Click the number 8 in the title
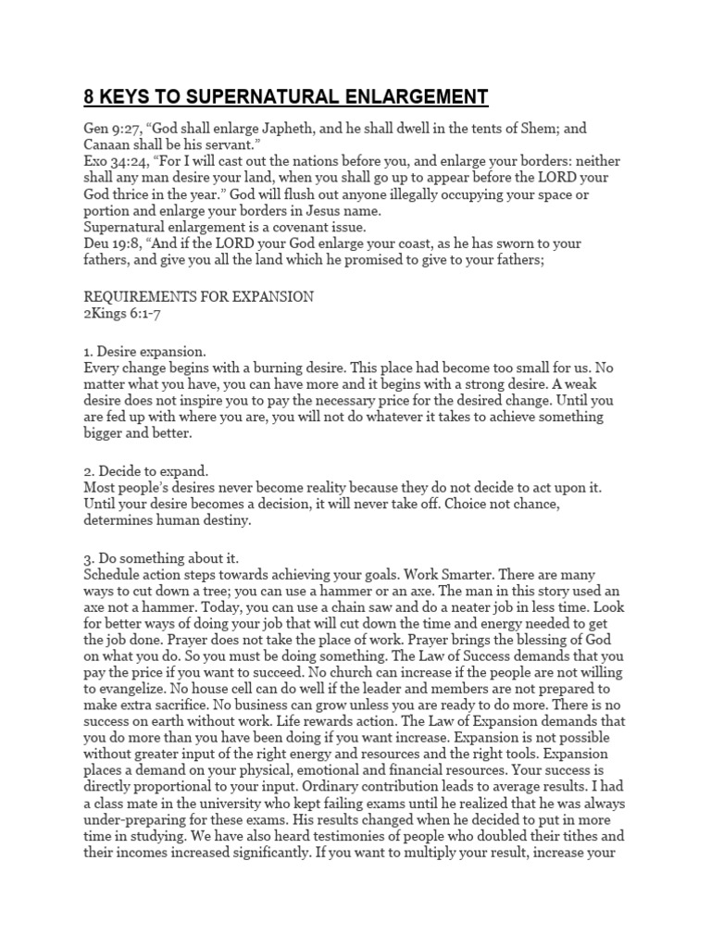pos(91,97)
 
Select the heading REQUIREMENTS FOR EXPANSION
pos(199,296)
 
